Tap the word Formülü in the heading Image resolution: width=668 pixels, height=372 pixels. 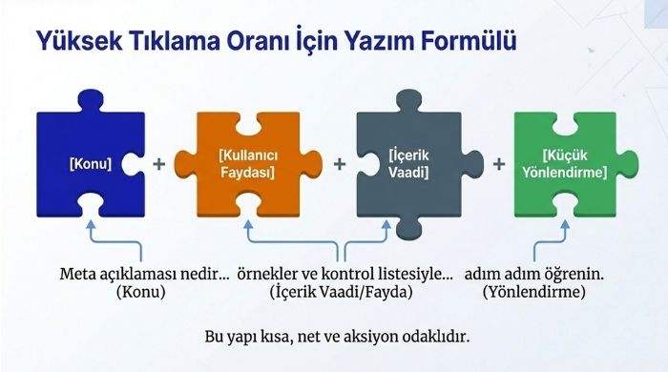pos(464,42)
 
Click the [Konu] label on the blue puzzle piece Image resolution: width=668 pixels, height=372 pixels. pos(91,163)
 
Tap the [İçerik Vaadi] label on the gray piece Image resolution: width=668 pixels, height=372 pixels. pos(408,163)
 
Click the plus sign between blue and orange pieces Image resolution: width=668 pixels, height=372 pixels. pos(159,163)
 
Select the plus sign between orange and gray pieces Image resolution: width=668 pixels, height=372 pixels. pos(339,163)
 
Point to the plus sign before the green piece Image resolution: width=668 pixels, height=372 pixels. pos(498,163)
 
